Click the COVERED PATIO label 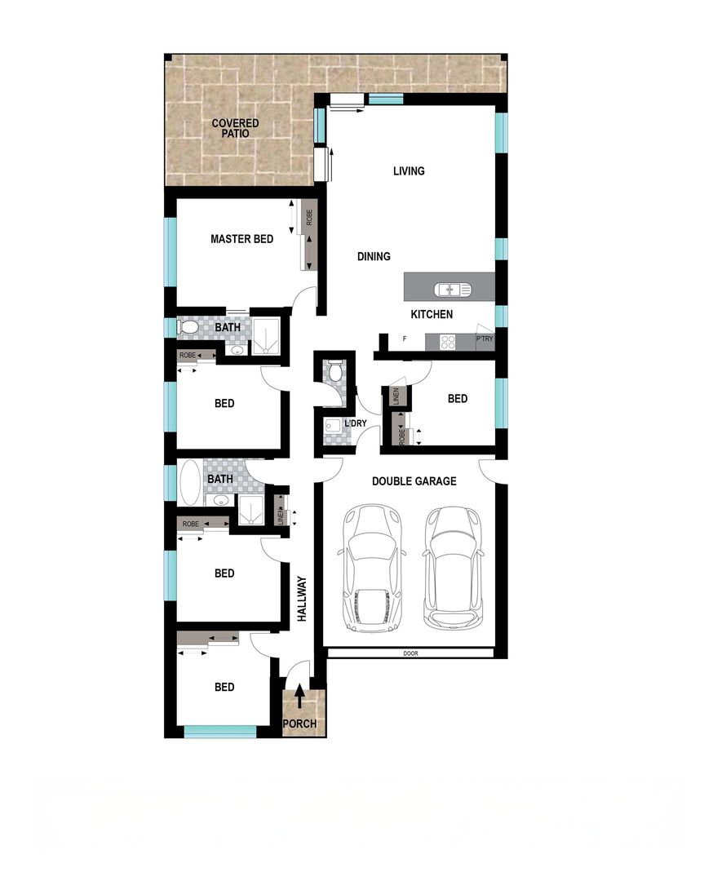point(236,128)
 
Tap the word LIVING point(409,170)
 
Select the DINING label point(374,256)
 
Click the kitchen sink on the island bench point(452,290)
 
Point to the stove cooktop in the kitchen point(448,342)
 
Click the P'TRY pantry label point(485,339)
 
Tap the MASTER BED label point(241,239)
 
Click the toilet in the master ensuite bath point(188,327)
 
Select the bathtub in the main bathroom point(190,483)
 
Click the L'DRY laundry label point(355,423)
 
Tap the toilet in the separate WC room point(335,370)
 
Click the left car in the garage point(371,568)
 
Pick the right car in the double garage point(453,568)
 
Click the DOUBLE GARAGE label point(414,481)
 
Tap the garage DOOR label point(410,653)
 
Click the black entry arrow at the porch point(300,696)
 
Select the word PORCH point(299,724)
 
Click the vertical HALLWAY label point(303,599)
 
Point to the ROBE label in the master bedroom point(309,218)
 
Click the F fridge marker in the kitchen point(405,339)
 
